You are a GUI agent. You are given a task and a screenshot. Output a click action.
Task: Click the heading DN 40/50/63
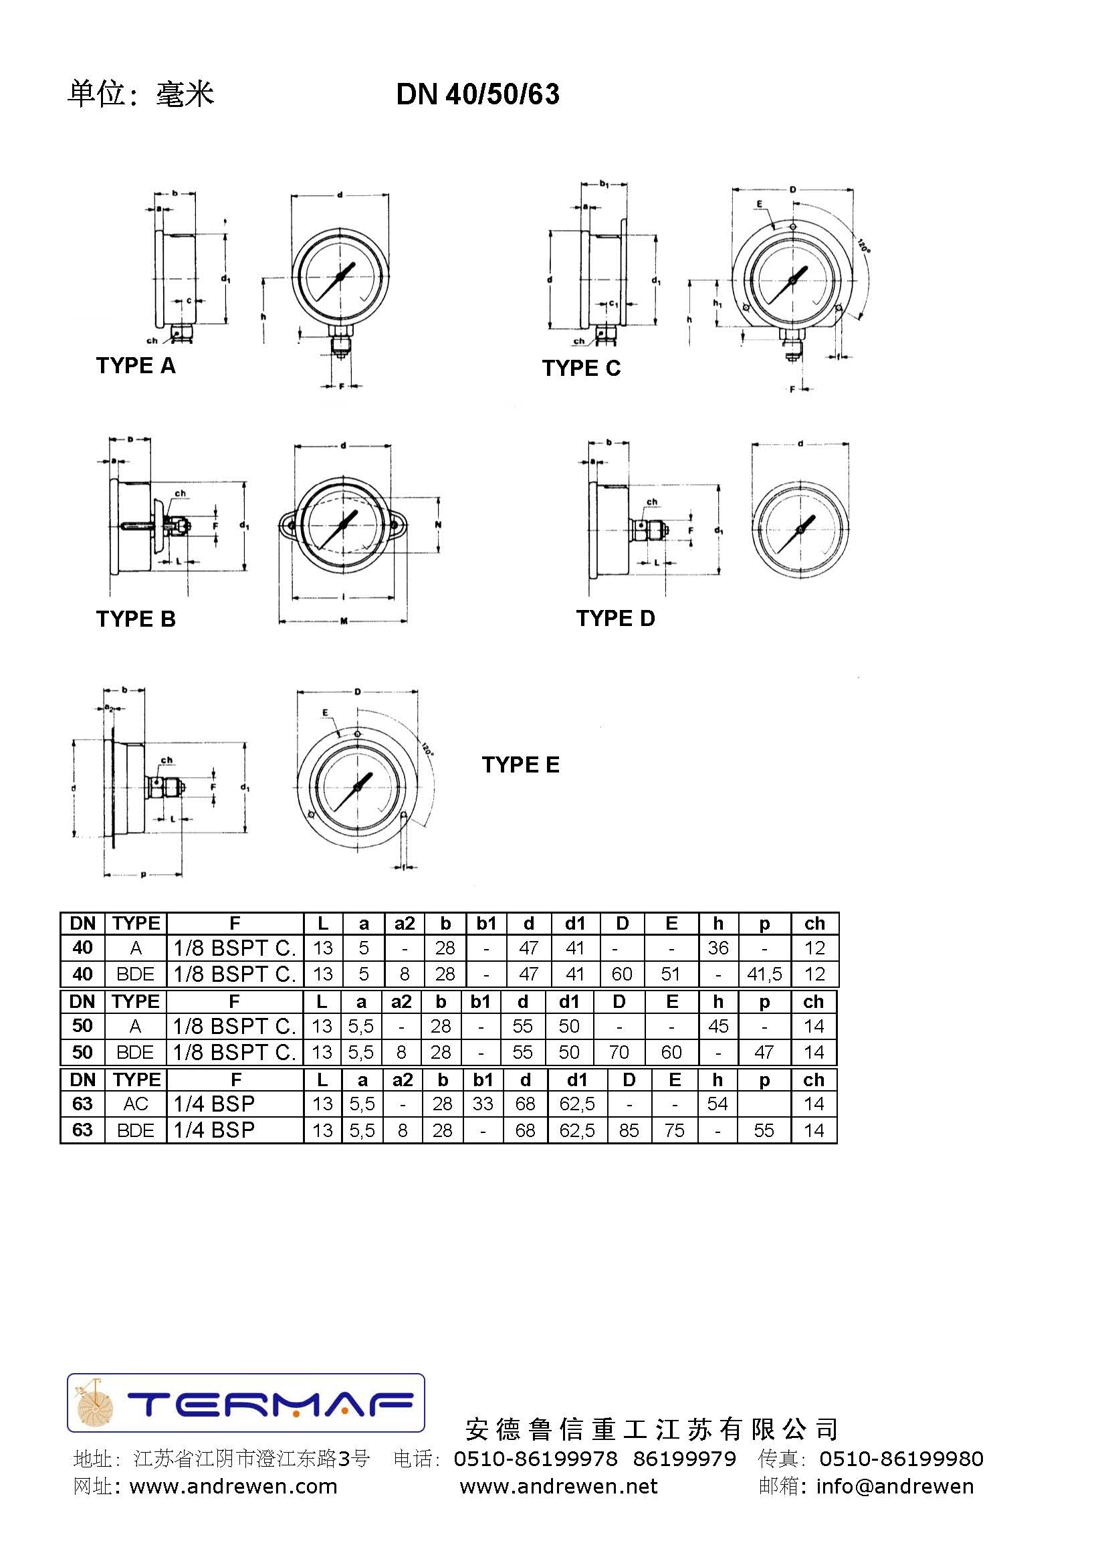pyautogui.click(x=477, y=94)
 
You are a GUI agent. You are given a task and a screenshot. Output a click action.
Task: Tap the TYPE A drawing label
pyautogui.click(x=136, y=366)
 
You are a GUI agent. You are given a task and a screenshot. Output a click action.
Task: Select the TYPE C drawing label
pyautogui.click(x=581, y=369)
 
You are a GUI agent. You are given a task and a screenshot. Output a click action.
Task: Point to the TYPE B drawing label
pyautogui.click(x=136, y=619)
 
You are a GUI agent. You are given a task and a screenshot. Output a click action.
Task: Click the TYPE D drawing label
pyautogui.click(x=615, y=619)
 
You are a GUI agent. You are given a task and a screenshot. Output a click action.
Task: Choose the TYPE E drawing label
pyautogui.click(x=520, y=765)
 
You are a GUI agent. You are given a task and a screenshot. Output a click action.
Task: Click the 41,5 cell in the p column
pyautogui.click(x=764, y=974)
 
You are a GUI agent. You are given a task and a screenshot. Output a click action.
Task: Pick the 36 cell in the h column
pyautogui.click(x=717, y=948)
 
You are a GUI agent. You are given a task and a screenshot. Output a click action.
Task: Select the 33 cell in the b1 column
pyautogui.click(x=482, y=1104)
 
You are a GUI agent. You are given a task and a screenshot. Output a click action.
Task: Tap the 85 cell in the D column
pyautogui.click(x=629, y=1130)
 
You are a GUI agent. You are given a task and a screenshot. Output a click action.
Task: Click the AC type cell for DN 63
pyautogui.click(x=136, y=1104)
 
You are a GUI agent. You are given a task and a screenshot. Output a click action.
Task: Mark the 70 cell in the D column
pyautogui.click(x=619, y=1053)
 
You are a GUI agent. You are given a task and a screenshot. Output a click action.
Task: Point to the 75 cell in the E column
pyautogui.click(x=674, y=1130)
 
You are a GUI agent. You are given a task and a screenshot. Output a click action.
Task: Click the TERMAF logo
pyautogui.click(x=246, y=1403)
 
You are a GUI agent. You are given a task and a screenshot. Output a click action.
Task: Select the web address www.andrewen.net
pyautogui.click(x=558, y=1486)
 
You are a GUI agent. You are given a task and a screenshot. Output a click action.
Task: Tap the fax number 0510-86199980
pyautogui.click(x=901, y=1459)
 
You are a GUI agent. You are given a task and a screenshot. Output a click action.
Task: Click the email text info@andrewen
pyautogui.click(x=894, y=1486)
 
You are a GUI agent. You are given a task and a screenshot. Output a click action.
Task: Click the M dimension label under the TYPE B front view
pyautogui.click(x=344, y=621)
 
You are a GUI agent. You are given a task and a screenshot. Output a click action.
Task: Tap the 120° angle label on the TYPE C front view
pyautogui.click(x=863, y=246)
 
